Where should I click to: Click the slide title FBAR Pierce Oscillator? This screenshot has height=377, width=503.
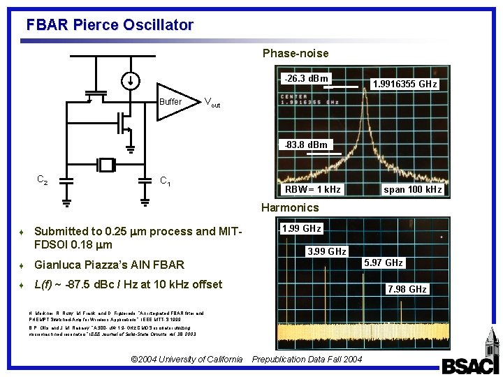point(110,25)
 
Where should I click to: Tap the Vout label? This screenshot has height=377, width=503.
point(212,102)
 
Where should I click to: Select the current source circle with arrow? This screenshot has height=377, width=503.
point(131,80)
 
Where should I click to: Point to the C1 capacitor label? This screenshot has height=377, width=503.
point(166,182)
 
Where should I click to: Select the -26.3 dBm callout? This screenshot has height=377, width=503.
point(305,78)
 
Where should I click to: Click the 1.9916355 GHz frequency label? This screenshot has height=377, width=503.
point(404,84)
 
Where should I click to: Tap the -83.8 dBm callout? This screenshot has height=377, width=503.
point(305,145)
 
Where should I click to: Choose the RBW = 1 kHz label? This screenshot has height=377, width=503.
point(312,190)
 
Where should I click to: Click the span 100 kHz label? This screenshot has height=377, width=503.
point(413,190)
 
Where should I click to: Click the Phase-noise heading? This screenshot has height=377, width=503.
point(295,53)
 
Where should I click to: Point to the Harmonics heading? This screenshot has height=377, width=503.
point(289,207)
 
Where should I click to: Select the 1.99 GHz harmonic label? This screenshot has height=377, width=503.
point(301,228)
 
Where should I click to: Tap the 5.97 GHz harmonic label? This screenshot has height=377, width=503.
point(384,263)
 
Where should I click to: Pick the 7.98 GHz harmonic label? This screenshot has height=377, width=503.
point(407,289)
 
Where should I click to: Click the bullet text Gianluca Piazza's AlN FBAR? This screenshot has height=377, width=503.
point(109,265)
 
